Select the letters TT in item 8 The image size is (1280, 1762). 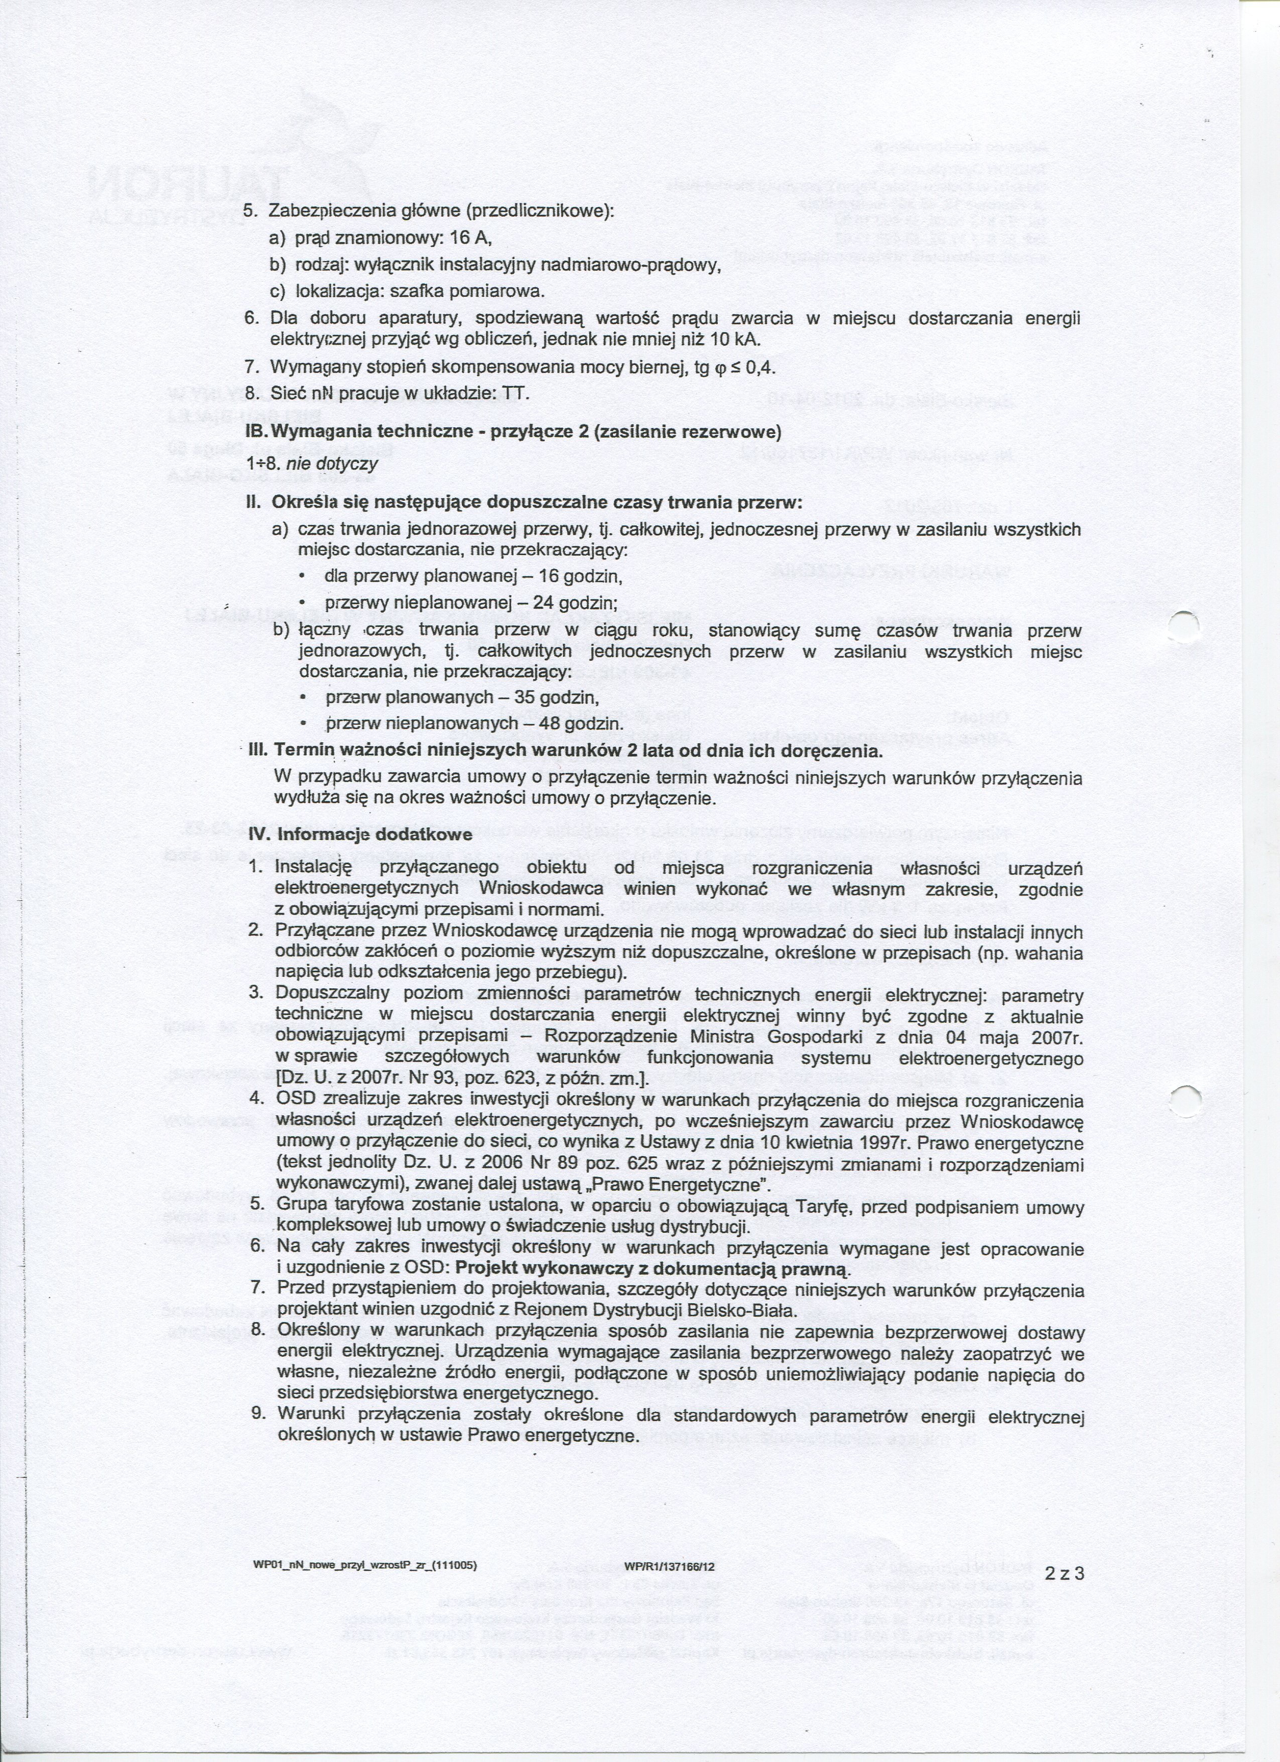[515, 394]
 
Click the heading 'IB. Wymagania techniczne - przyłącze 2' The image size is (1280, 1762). [513, 431]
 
